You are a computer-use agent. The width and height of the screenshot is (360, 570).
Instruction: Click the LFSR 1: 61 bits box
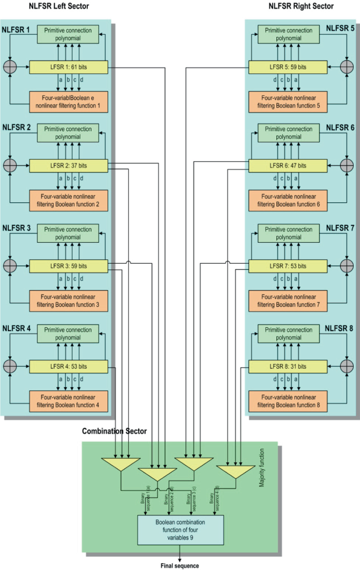[x=68, y=67]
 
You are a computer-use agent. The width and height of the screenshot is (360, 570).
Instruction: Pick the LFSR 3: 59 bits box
[x=68, y=266]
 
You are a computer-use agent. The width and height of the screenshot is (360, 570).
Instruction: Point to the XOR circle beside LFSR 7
[x=346, y=266]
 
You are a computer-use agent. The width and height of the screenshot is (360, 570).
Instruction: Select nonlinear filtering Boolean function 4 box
[x=68, y=400]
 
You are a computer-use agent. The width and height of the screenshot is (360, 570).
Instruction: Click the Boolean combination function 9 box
[x=180, y=530]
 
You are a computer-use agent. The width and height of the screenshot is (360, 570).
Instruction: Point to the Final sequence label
[x=180, y=566]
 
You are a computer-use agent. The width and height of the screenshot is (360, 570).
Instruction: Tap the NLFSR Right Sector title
[x=301, y=6]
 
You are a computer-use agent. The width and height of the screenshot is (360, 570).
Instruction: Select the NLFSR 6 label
[x=339, y=127]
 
